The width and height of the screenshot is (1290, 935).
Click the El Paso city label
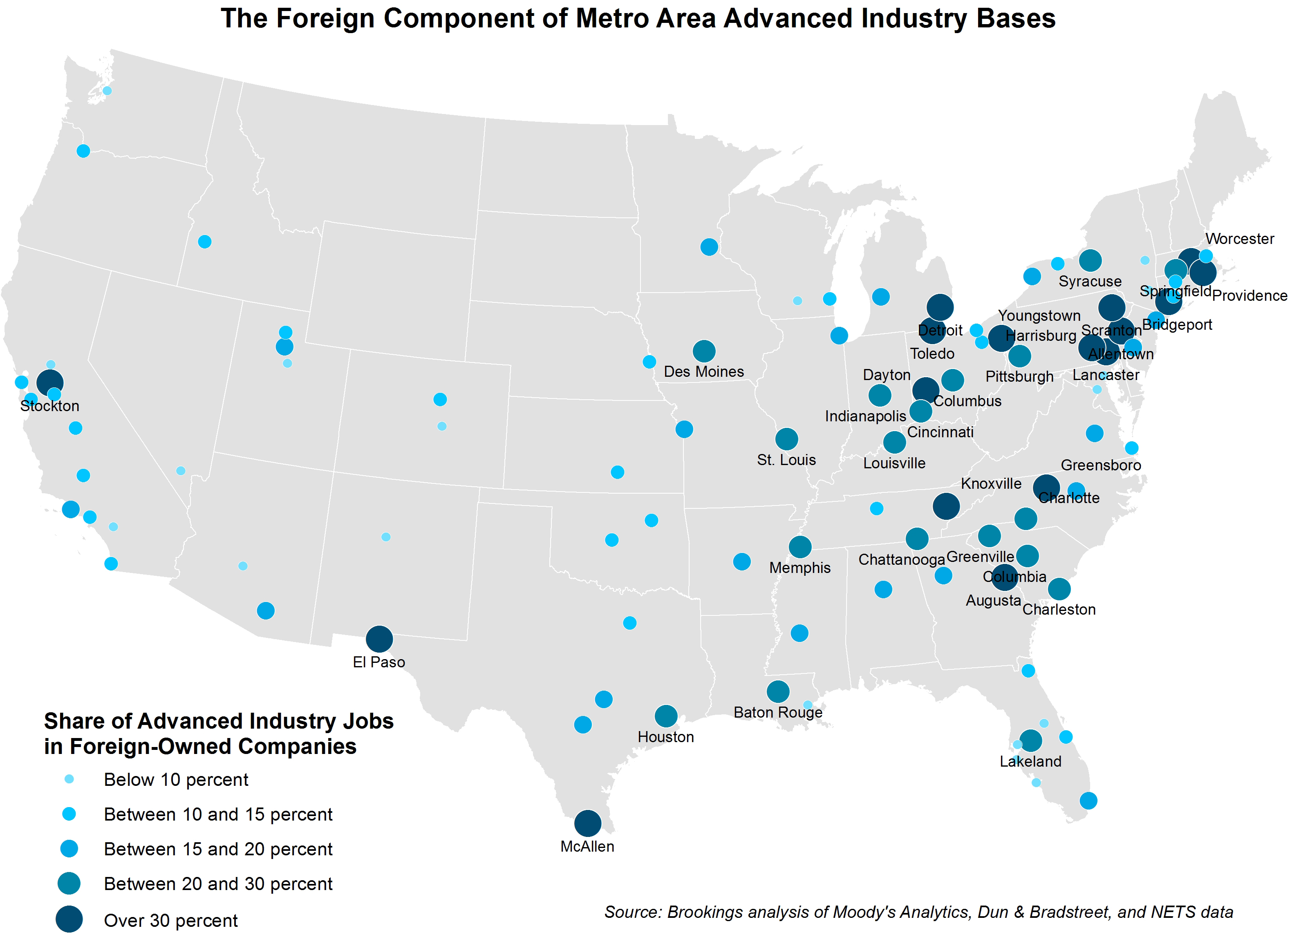pos(379,662)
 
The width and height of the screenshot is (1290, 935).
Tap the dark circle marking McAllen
pos(587,823)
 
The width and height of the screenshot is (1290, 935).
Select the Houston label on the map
pos(665,737)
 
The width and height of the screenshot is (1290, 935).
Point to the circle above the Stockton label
pos(49,382)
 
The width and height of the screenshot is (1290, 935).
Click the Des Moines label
pos(703,371)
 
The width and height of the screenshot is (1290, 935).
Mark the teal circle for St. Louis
pos(786,438)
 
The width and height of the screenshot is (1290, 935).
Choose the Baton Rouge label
pos(777,712)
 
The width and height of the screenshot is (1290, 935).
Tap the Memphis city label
pos(800,568)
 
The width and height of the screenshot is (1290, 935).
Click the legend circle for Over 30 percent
pos(69,919)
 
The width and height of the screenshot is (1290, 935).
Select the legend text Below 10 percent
pos(176,779)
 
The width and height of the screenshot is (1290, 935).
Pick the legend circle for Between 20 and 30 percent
pos(69,883)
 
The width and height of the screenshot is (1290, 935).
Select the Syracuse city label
pos(1090,282)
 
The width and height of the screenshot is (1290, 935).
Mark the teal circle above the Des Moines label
pos(703,351)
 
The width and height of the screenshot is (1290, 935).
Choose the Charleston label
pos(1059,610)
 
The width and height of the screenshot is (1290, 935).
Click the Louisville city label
pos(894,463)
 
